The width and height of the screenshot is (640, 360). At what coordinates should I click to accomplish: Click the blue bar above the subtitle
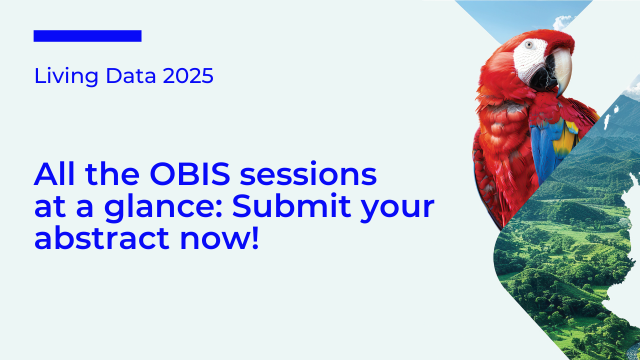pyautogui.click(x=87, y=36)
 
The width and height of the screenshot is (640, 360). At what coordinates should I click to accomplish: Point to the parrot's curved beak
pyautogui.click(x=562, y=73)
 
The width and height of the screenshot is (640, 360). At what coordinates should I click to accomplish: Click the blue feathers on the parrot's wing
pyautogui.click(x=545, y=140)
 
